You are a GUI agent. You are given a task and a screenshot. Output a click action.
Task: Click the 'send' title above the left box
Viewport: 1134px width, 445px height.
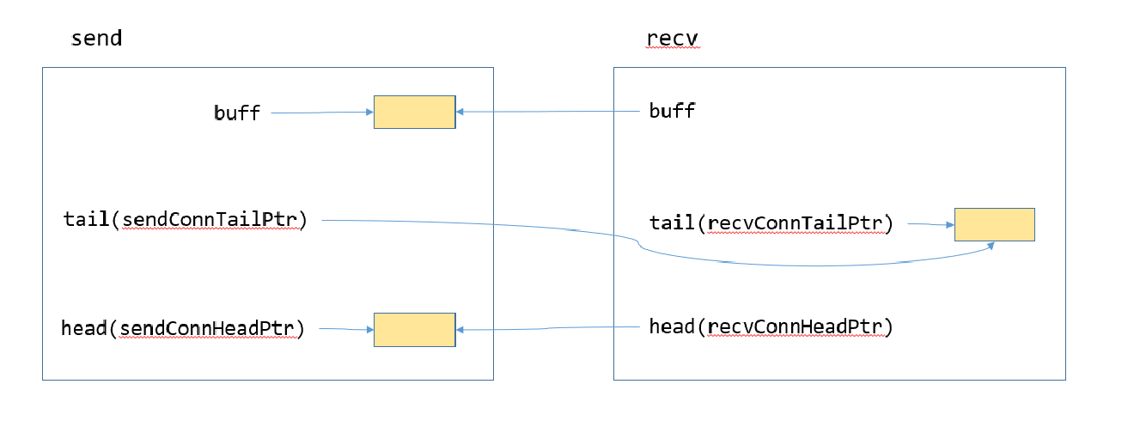point(96,39)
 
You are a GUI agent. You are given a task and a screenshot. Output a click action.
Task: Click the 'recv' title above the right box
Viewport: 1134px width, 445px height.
point(673,40)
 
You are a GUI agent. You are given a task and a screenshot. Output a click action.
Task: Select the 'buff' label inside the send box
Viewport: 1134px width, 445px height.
point(236,113)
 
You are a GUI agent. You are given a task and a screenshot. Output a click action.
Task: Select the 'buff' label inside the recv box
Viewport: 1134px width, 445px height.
point(672,111)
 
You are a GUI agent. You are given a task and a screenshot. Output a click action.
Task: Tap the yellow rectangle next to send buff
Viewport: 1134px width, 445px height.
point(414,112)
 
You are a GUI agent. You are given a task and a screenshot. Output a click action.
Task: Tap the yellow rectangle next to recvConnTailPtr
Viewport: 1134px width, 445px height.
point(994,224)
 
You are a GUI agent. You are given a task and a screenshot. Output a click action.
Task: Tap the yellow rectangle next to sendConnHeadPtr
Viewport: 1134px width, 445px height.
point(414,329)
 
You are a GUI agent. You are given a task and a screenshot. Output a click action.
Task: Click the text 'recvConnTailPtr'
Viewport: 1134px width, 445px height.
point(795,224)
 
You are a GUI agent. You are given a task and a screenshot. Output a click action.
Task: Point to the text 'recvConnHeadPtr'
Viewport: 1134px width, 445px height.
point(795,326)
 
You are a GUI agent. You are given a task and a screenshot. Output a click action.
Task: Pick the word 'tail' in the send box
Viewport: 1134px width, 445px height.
point(86,219)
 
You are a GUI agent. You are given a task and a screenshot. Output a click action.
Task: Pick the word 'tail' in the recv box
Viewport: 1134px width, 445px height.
point(672,224)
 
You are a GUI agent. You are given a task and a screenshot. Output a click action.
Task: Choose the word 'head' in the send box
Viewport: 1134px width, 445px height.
point(83,328)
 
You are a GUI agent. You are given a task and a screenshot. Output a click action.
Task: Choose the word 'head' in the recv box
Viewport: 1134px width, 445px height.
point(672,326)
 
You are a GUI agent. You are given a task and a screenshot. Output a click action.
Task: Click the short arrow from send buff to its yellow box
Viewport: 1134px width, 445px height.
point(321,112)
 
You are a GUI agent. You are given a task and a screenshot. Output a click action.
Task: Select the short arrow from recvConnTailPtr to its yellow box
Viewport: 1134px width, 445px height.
point(930,225)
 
